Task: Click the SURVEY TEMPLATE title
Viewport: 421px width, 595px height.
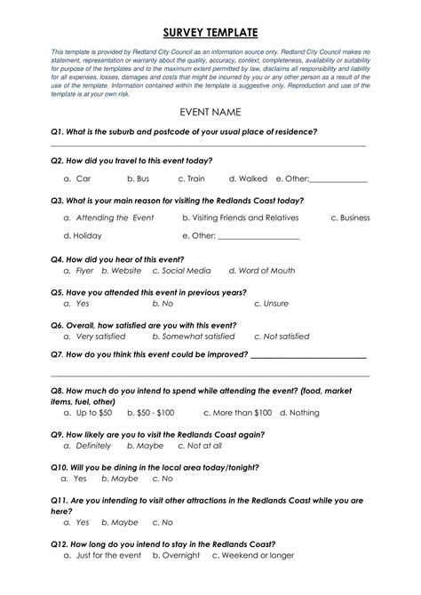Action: pyautogui.click(x=210, y=33)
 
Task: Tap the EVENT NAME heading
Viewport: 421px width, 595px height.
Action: pyautogui.click(x=210, y=113)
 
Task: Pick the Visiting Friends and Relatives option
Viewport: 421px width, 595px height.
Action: pyautogui.click(x=241, y=218)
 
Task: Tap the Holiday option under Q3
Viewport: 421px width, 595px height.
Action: pyautogui.click(x=83, y=236)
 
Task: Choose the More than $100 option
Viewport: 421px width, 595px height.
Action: pyautogui.click(x=237, y=413)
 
